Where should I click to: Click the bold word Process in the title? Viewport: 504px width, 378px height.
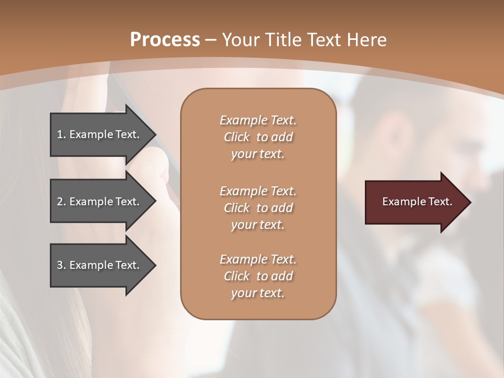click(x=165, y=39)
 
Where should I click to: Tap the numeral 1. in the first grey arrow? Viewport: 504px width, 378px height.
click(x=61, y=134)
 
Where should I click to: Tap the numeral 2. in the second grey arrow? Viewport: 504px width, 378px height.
click(x=61, y=202)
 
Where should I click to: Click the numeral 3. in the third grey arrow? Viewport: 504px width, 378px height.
click(x=61, y=265)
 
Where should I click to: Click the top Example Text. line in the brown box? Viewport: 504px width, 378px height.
click(x=258, y=120)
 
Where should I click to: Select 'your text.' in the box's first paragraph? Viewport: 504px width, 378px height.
click(x=258, y=154)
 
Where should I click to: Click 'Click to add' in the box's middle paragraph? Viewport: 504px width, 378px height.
click(x=258, y=208)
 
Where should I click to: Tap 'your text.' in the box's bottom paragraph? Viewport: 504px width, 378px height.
click(x=258, y=293)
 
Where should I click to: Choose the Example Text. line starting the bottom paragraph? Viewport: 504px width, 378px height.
click(x=258, y=259)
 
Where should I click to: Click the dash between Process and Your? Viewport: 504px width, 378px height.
click(x=211, y=40)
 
